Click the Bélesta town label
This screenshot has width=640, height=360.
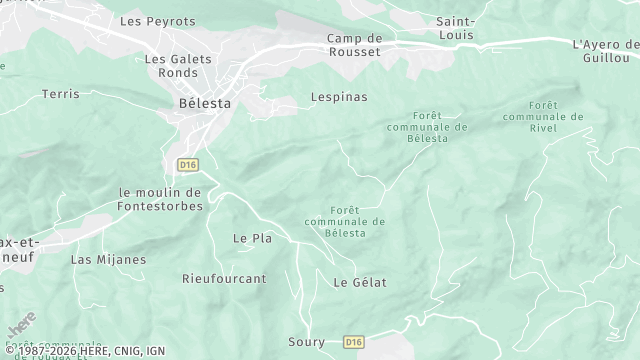click(x=204, y=103)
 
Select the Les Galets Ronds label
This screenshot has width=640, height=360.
click(x=178, y=65)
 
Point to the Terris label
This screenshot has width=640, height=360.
click(x=60, y=94)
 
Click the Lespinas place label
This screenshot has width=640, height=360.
click(x=311, y=97)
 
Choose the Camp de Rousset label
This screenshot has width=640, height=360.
click(x=354, y=45)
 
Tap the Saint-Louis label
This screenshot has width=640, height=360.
click(x=456, y=28)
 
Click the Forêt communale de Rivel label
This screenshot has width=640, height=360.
click(x=543, y=116)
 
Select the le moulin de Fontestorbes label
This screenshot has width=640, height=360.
click(x=160, y=199)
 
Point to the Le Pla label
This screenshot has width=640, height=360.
click(x=252, y=238)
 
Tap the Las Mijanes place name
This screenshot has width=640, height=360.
click(x=108, y=259)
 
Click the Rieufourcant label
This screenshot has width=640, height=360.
click(x=224, y=278)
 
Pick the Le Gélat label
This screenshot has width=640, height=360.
click(x=359, y=282)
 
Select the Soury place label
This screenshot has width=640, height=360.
click(x=306, y=342)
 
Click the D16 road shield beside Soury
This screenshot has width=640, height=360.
click(x=353, y=342)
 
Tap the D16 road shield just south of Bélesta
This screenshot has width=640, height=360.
click(x=187, y=163)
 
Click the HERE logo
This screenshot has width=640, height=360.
click(x=21, y=325)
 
